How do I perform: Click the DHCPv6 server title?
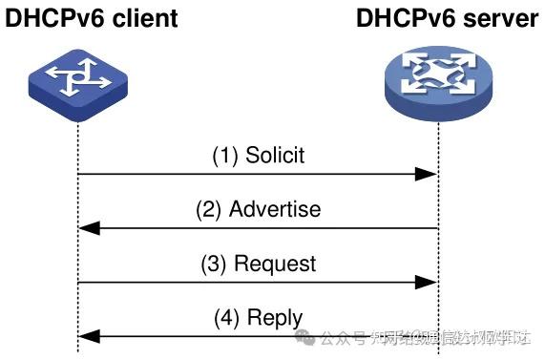[x=448, y=18]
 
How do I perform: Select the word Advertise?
[x=275, y=209]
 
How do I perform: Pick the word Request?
[x=275, y=263]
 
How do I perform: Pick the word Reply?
[x=275, y=317]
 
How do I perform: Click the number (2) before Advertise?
[x=208, y=209]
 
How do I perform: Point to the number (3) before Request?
[x=214, y=263]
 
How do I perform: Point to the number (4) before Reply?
[x=227, y=317]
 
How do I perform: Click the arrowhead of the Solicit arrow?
[x=428, y=175]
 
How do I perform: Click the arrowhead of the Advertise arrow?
[x=88, y=228]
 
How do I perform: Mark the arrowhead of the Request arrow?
[x=428, y=282]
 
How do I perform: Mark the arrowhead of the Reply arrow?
[x=88, y=335]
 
